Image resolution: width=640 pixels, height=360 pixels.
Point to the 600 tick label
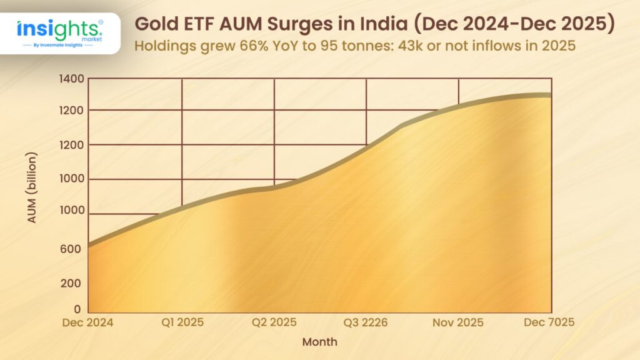point(71,249)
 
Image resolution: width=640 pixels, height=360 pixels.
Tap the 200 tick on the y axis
point(71,283)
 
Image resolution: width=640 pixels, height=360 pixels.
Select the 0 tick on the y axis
point(77,309)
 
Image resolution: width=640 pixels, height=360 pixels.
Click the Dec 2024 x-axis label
point(87,322)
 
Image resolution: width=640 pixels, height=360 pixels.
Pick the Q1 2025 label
point(182,322)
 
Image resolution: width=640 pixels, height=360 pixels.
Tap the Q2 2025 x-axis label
point(274,322)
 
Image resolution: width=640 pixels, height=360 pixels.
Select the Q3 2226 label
point(366,322)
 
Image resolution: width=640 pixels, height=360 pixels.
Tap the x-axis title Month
point(319,342)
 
